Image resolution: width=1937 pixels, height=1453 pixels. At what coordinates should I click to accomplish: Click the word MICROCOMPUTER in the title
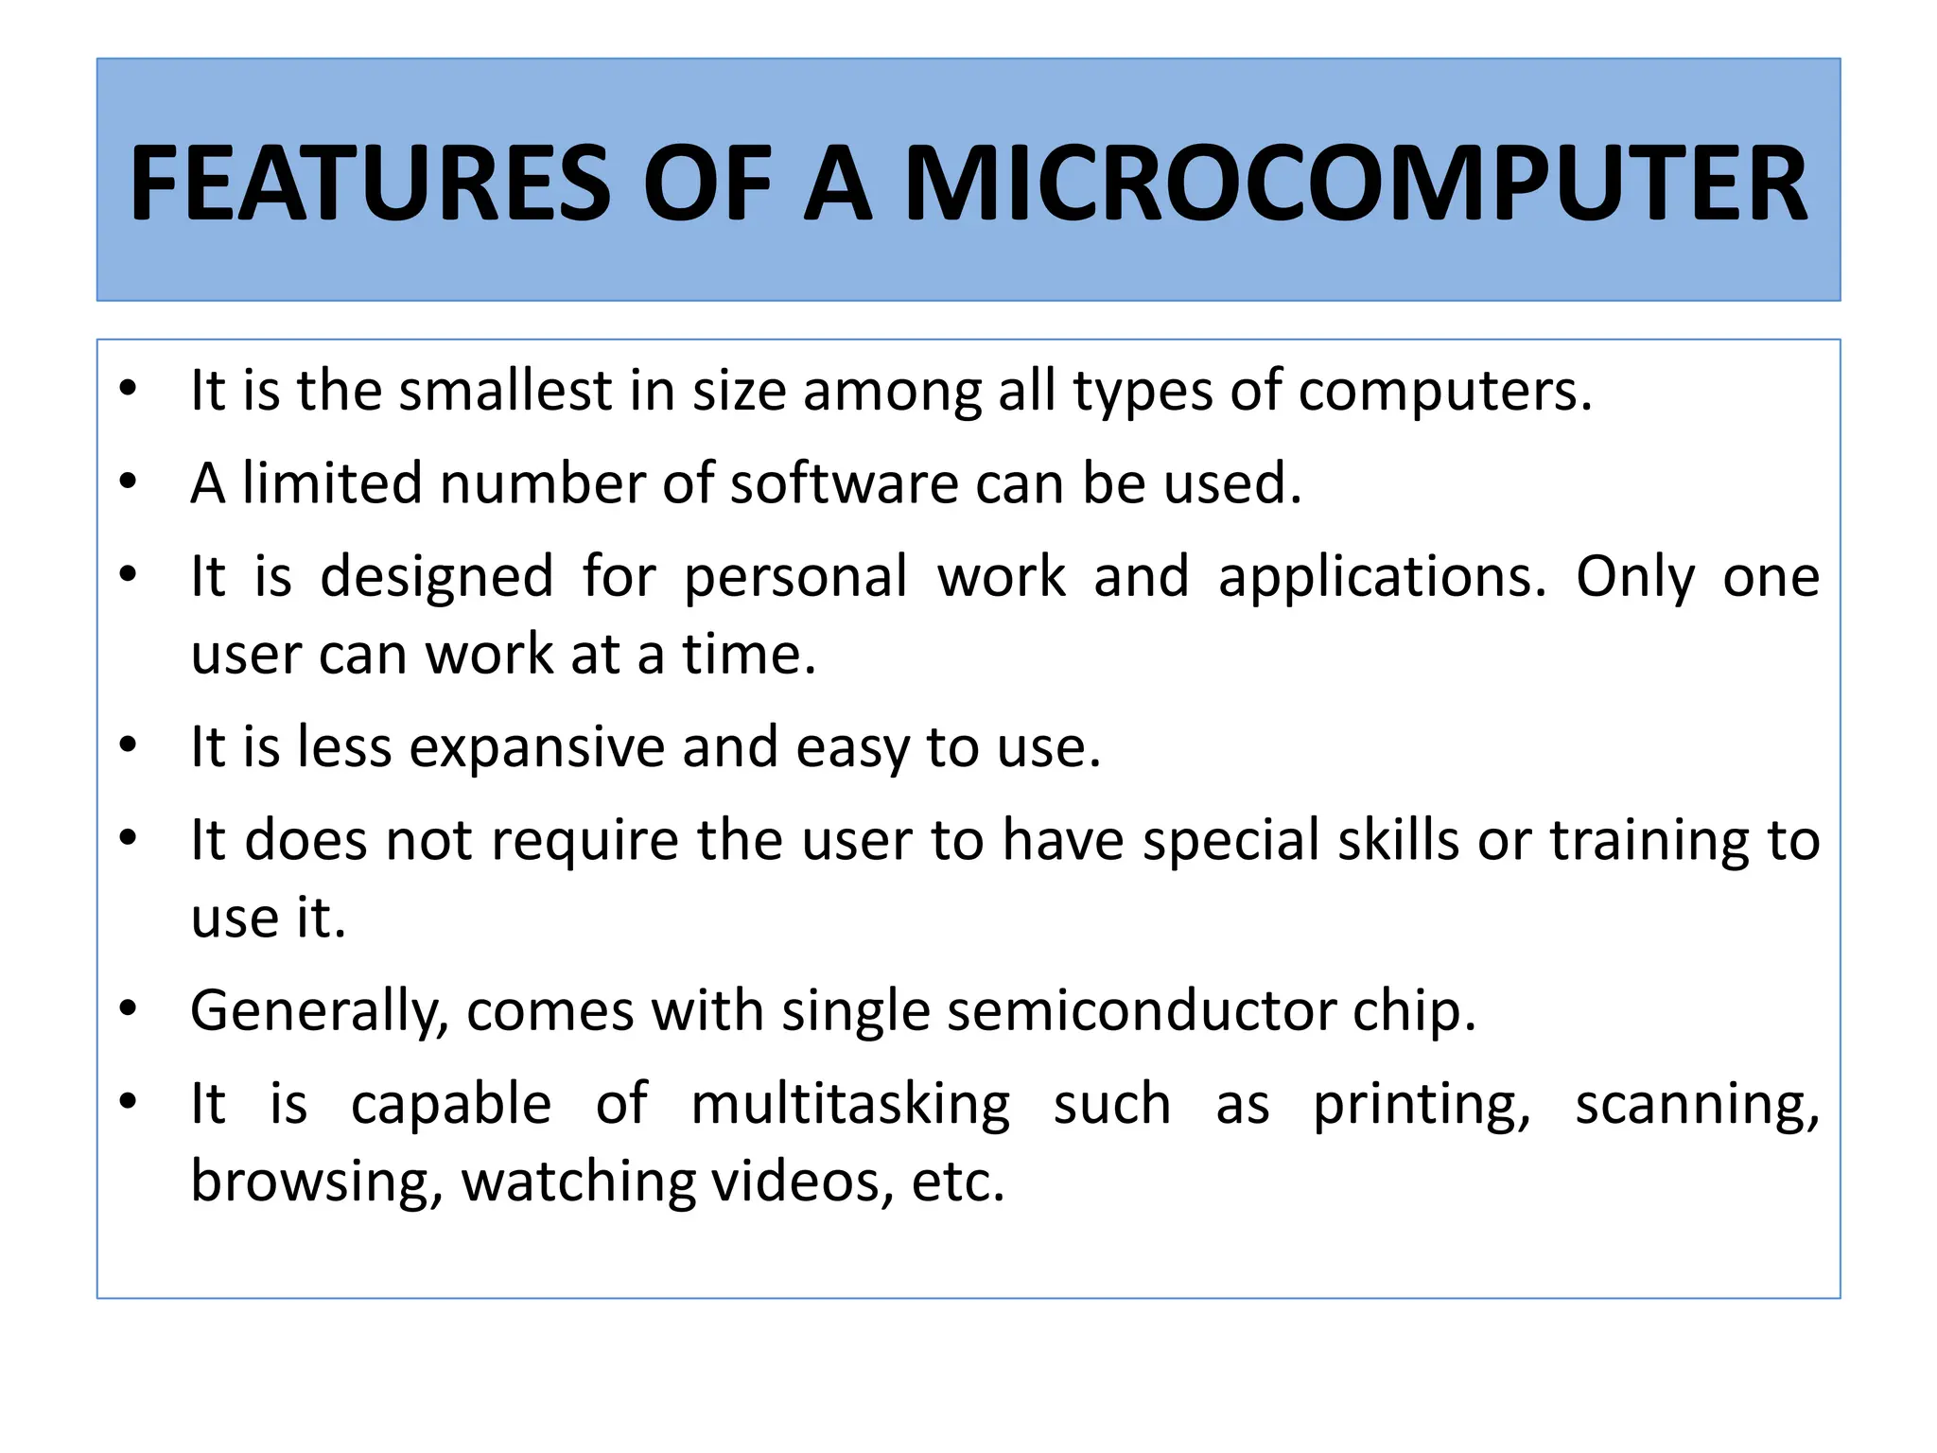point(1355,183)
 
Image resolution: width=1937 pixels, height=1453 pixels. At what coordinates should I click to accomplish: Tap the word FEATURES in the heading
point(370,183)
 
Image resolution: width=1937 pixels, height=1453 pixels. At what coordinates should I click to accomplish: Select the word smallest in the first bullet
point(506,391)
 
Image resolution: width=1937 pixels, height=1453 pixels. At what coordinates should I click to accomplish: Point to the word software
point(844,483)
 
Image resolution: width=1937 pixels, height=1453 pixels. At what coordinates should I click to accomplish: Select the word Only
point(1635,577)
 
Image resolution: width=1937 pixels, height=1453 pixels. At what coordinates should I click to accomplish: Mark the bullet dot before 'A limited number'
point(129,481)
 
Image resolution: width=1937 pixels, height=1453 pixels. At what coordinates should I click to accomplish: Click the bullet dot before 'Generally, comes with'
point(129,1008)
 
